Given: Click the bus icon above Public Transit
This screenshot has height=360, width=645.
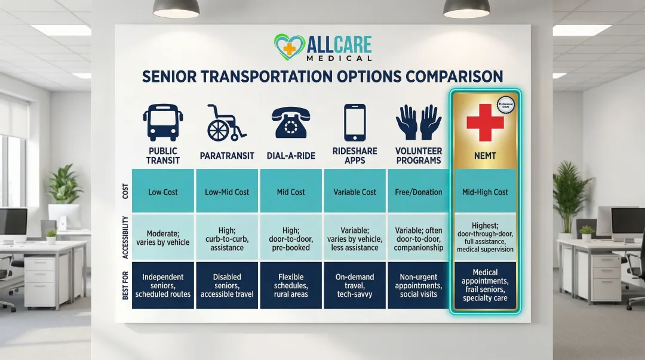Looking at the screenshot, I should pyautogui.click(x=163, y=122).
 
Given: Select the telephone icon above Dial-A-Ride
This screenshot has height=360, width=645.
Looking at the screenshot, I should pyautogui.click(x=290, y=122).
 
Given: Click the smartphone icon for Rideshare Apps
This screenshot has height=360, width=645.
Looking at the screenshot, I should pyautogui.click(x=355, y=122).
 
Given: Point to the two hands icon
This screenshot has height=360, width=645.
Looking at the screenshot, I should pyautogui.click(x=419, y=122).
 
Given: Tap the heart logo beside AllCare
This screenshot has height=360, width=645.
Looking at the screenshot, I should pyautogui.click(x=289, y=48).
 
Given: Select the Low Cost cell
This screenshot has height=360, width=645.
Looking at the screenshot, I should pyautogui.click(x=163, y=192).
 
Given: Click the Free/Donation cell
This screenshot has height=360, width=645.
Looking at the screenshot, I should pyautogui.click(x=419, y=192).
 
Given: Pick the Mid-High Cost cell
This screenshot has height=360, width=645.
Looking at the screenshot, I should pyautogui.click(x=485, y=192).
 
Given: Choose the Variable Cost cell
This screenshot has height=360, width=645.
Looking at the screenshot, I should pyautogui.click(x=355, y=192).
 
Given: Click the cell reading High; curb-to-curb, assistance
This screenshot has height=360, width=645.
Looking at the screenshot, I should pyautogui.click(x=227, y=237).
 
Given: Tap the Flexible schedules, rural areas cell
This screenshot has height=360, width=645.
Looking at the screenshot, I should pyautogui.click(x=290, y=285).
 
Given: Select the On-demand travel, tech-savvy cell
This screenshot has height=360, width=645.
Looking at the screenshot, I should pyautogui.click(x=355, y=285).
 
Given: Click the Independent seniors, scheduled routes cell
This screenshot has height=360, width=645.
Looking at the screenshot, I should pyautogui.click(x=163, y=285).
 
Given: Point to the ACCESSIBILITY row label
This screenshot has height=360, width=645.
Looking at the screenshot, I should pyautogui.click(x=125, y=237).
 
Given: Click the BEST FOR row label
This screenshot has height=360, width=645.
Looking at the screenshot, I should pyautogui.click(x=125, y=285).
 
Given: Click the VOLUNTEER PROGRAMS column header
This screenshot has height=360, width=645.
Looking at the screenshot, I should pyautogui.click(x=419, y=155).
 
